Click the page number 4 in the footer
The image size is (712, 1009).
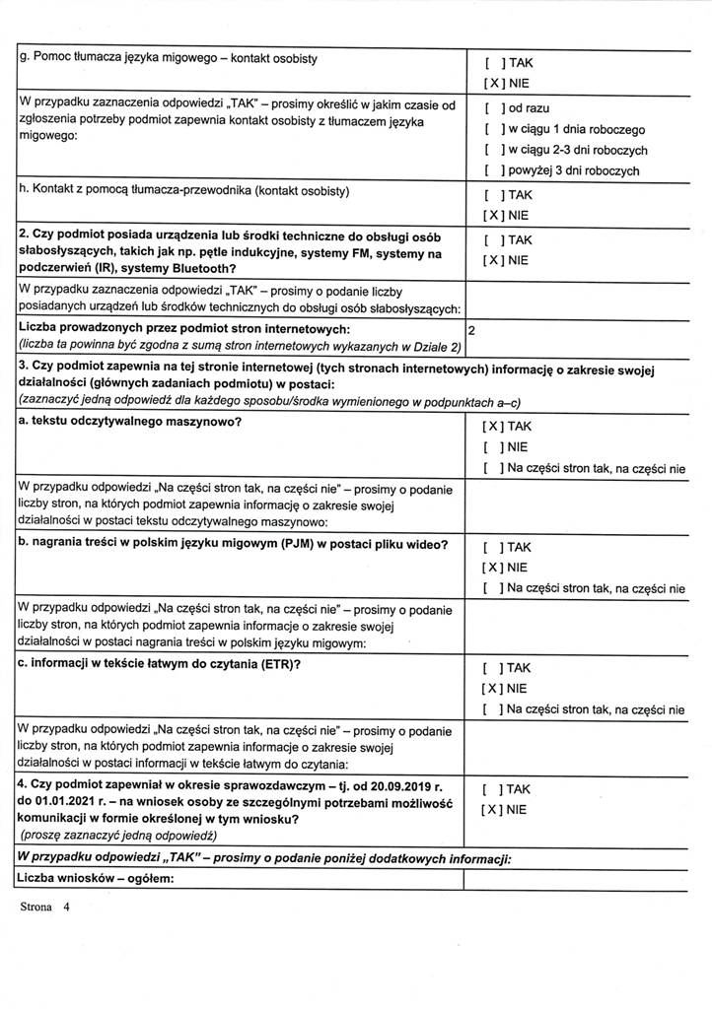click(x=66, y=910)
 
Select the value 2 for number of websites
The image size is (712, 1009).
click(x=472, y=332)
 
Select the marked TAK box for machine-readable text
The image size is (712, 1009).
click(x=494, y=427)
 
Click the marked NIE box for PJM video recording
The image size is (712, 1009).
click(x=494, y=568)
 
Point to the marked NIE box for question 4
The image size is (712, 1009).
click(x=494, y=809)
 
